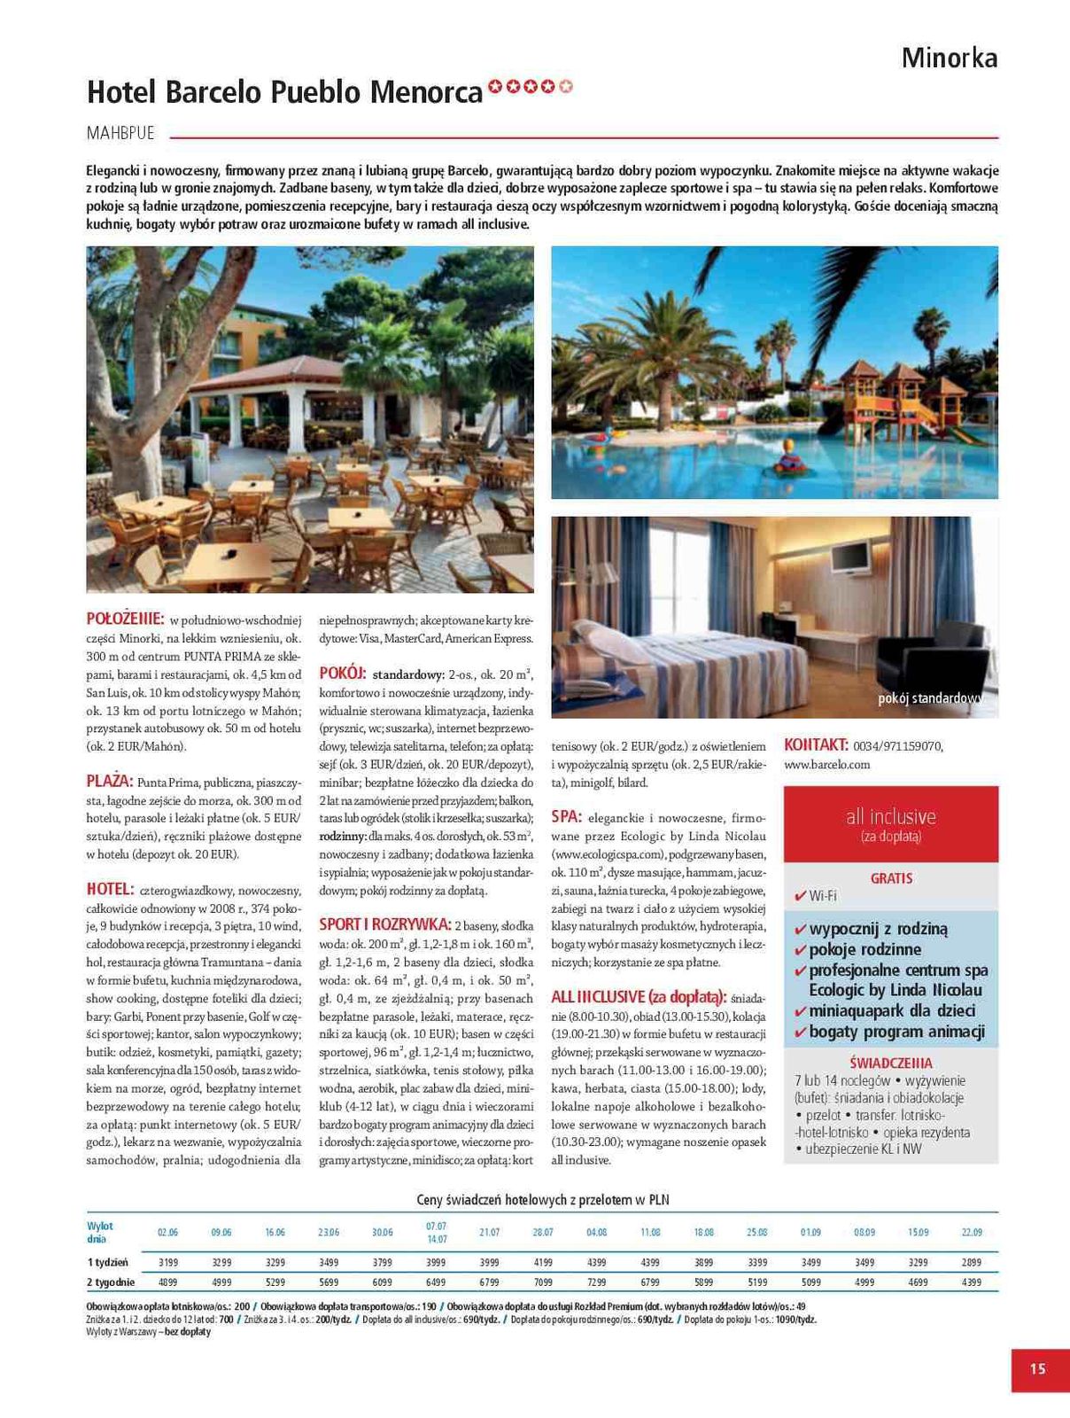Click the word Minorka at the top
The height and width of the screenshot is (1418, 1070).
[949, 58]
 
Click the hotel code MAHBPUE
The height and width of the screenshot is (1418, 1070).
[120, 133]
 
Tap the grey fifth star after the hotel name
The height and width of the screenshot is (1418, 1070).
[567, 87]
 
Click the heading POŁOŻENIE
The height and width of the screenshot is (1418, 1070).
[125, 619]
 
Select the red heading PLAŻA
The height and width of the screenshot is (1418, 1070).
[109, 782]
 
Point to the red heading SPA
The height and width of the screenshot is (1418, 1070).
[565, 816]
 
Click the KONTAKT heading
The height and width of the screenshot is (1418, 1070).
[816, 745]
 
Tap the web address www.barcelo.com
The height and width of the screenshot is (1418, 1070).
[827, 764]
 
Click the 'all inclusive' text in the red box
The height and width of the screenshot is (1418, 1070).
[890, 816]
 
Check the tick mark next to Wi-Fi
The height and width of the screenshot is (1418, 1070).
[800, 896]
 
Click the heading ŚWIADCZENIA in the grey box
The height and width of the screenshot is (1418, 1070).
[890, 1063]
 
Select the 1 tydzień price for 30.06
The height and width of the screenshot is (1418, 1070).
[383, 1262]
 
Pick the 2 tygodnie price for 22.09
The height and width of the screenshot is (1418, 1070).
[971, 1282]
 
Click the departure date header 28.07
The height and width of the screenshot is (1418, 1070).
[543, 1233]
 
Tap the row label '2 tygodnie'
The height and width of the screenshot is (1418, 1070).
[111, 1282]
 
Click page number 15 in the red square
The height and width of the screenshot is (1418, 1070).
[1038, 1369]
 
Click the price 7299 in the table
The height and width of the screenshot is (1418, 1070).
[597, 1282]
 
